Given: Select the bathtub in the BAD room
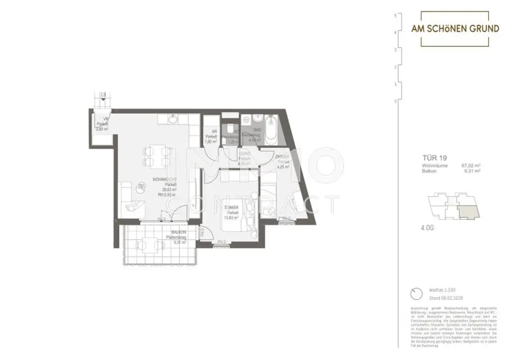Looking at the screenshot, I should [x=270, y=128].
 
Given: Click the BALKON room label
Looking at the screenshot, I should [x=178, y=232].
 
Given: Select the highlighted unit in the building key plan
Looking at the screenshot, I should [x=469, y=210].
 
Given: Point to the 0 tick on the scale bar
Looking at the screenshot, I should [x=395, y=101].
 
